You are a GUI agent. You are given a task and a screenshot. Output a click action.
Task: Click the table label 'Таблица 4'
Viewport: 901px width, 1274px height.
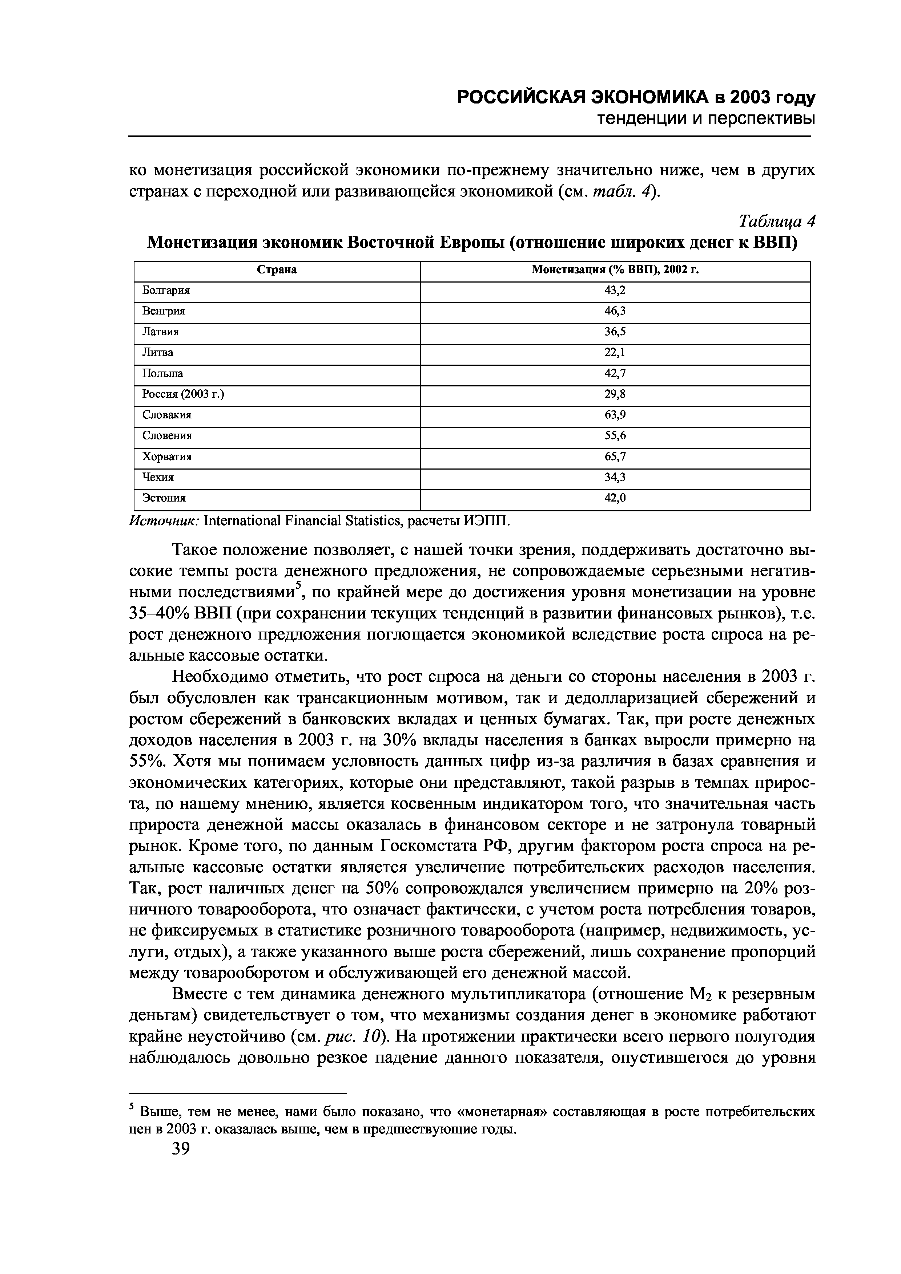[777, 222]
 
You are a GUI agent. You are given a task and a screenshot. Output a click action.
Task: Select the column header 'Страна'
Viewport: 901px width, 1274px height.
[277, 270]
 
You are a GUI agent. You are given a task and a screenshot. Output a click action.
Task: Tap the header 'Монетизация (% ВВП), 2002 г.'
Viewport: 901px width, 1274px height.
[615, 270]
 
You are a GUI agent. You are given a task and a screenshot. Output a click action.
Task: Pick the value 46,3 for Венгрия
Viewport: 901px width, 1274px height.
[615, 311]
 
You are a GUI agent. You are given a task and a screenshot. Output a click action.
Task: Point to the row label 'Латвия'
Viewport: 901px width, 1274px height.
[161, 332]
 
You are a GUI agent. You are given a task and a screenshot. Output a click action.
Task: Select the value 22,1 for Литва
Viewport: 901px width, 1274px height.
[615, 352]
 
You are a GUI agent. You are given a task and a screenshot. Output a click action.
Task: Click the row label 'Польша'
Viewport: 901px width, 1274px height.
[163, 373]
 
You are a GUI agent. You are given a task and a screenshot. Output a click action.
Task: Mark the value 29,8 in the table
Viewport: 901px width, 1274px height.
[615, 394]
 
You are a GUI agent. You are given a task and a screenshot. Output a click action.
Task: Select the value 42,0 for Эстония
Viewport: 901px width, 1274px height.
[615, 498]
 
